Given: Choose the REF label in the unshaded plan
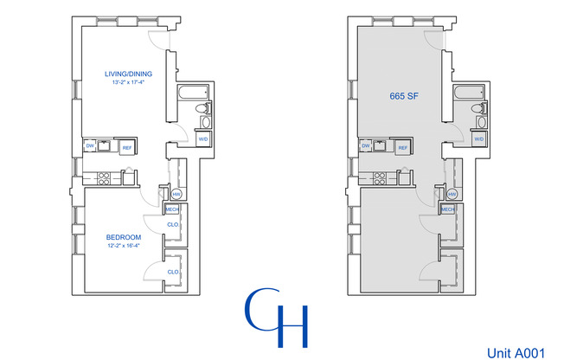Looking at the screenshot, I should pyautogui.click(x=126, y=148).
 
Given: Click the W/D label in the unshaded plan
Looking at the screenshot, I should pyautogui.click(x=204, y=138).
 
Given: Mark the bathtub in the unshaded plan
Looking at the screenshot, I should pyautogui.click(x=193, y=92).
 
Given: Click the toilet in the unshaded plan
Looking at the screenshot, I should pyautogui.click(x=201, y=109).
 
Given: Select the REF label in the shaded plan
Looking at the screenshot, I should pyautogui.click(x=403, y=148).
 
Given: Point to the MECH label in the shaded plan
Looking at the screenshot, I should pyautogui.click(x=448, y=209).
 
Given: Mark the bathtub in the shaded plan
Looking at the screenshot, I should pyautogui.click(x=469, y=92).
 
